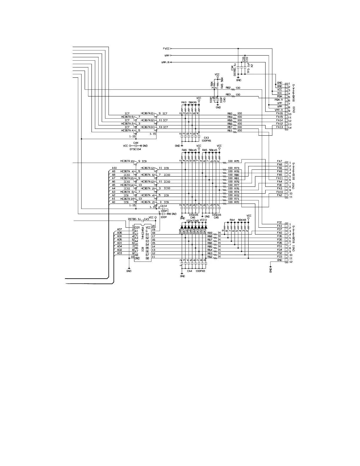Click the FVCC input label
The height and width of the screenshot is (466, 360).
(x=166, y=49)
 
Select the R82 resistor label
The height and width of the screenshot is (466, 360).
(x=228, y=88)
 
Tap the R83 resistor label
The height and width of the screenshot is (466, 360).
(x=228, y=94)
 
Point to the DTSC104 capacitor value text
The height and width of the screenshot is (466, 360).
(x=135, y=149)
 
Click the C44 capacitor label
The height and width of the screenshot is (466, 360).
(x=136, y=143)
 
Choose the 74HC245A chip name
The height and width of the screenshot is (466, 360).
(x=143, y=233)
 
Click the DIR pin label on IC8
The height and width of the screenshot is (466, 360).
(x=137, y=227)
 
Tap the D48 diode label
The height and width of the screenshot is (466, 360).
(x=180, y=231)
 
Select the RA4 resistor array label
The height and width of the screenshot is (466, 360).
(x=232, y=220)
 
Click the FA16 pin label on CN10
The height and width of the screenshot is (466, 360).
(x=279, y=113)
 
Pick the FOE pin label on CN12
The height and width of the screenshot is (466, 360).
(x=279, y=185)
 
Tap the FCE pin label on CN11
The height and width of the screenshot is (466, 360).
(x=279, y=223)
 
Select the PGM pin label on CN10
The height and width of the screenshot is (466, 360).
(x=279, y=96)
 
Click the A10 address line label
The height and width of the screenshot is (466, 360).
(x=114, y=168)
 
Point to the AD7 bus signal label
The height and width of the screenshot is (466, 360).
(x=119, y=229)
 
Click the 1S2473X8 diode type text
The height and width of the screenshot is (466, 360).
(x=193, y=220)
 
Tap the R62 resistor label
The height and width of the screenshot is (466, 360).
(x=210, y=257)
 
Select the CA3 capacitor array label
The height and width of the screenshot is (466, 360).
(x=206, y=137)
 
